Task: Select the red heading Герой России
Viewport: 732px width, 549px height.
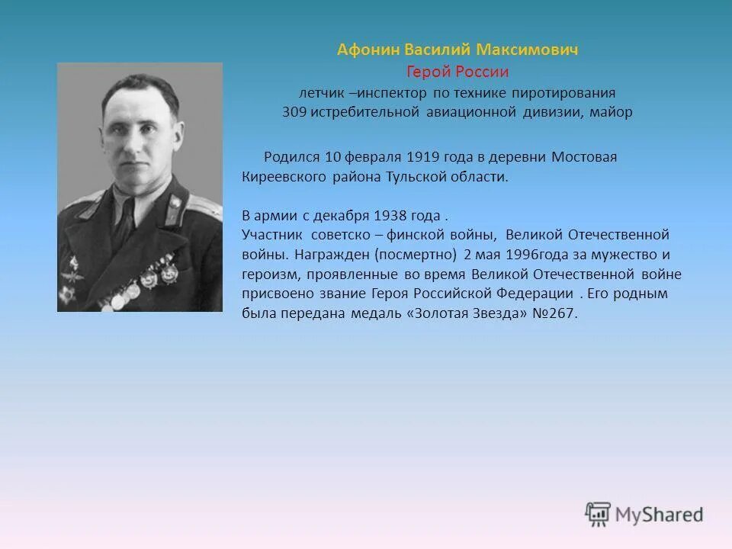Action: pyautogui.click(x=457, y=72)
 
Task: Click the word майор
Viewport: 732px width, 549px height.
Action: pyautogui.click(x=611, y=112)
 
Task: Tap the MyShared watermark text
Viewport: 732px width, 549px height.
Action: pyautogui.click(x=660, y=515)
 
